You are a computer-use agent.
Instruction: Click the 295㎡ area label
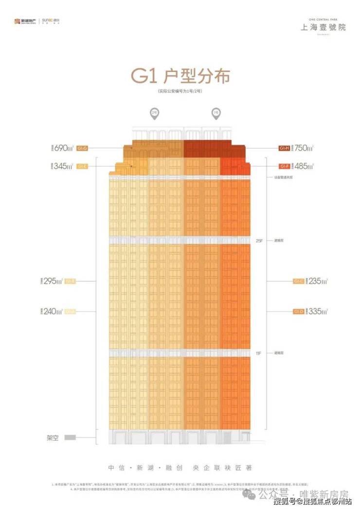click(x=54, y=281)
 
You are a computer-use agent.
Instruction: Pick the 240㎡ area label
click(x=54, y=311)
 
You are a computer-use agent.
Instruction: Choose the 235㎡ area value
click(x=317, y=281)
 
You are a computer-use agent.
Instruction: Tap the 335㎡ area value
click(x=317, y=311)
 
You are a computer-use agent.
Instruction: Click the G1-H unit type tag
click(x=284, y=147)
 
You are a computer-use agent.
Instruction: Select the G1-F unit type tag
click(x=284, y=166)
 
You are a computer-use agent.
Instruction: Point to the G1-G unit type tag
click(x=82, y=147)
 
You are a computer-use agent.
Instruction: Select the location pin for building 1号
click(x=215, y=114)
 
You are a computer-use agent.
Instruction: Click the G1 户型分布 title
click(x=180, y=77)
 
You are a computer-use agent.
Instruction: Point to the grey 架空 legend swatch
click(x=71, y=437)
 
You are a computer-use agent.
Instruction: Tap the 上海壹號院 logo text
click(x=323, y=27)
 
